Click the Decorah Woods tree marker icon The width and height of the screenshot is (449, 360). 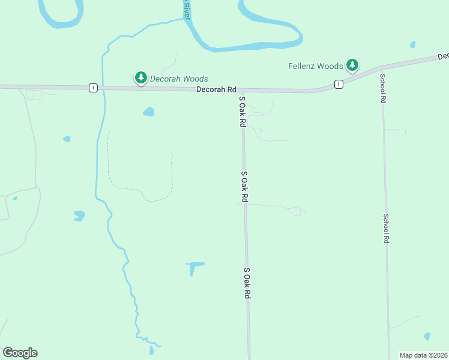pos(141,77)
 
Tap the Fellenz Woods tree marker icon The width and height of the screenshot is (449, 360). pos(352,64)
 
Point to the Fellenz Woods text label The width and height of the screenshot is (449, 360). pos(315,66)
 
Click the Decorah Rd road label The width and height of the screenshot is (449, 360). pos(216,89)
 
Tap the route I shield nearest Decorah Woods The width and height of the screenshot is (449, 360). pos(93,88)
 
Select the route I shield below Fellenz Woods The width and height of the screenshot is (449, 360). pos(339,84)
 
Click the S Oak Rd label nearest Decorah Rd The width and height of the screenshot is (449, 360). pos(243,111)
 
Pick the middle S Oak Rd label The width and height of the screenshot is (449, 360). pos(244,186)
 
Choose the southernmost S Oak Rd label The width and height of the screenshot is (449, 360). pos(247,283)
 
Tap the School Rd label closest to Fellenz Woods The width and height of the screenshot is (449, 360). pos(382,88)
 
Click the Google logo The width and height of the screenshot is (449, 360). pos(20,353)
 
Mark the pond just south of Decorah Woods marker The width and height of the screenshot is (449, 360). pos(148,112)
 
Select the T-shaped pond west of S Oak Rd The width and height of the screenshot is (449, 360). pos(193,266)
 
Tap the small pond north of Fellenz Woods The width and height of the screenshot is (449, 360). pos(412,44)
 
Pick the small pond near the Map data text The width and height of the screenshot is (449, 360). pos(427,337)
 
